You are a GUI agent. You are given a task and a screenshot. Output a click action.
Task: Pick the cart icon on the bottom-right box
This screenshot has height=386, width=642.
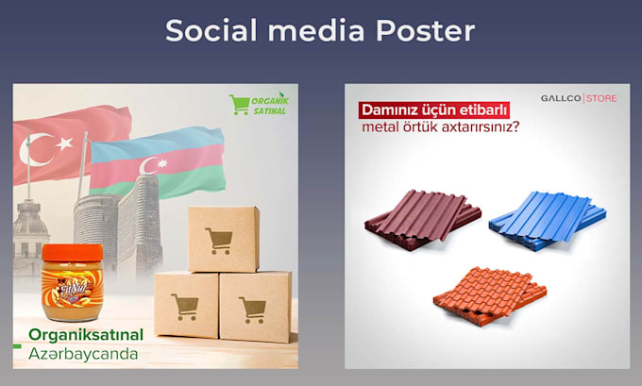[252, 308]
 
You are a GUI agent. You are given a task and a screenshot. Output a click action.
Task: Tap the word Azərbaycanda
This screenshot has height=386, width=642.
[83, 355]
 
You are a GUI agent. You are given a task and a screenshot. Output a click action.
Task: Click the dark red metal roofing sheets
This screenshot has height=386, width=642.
[417, 219]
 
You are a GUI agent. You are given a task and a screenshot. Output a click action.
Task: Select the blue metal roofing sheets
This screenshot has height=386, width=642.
[548, 218]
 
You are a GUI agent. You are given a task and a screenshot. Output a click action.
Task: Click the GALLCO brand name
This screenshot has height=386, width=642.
[561, 97]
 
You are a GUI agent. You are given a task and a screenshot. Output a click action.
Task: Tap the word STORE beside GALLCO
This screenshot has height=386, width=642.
[603, 97]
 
